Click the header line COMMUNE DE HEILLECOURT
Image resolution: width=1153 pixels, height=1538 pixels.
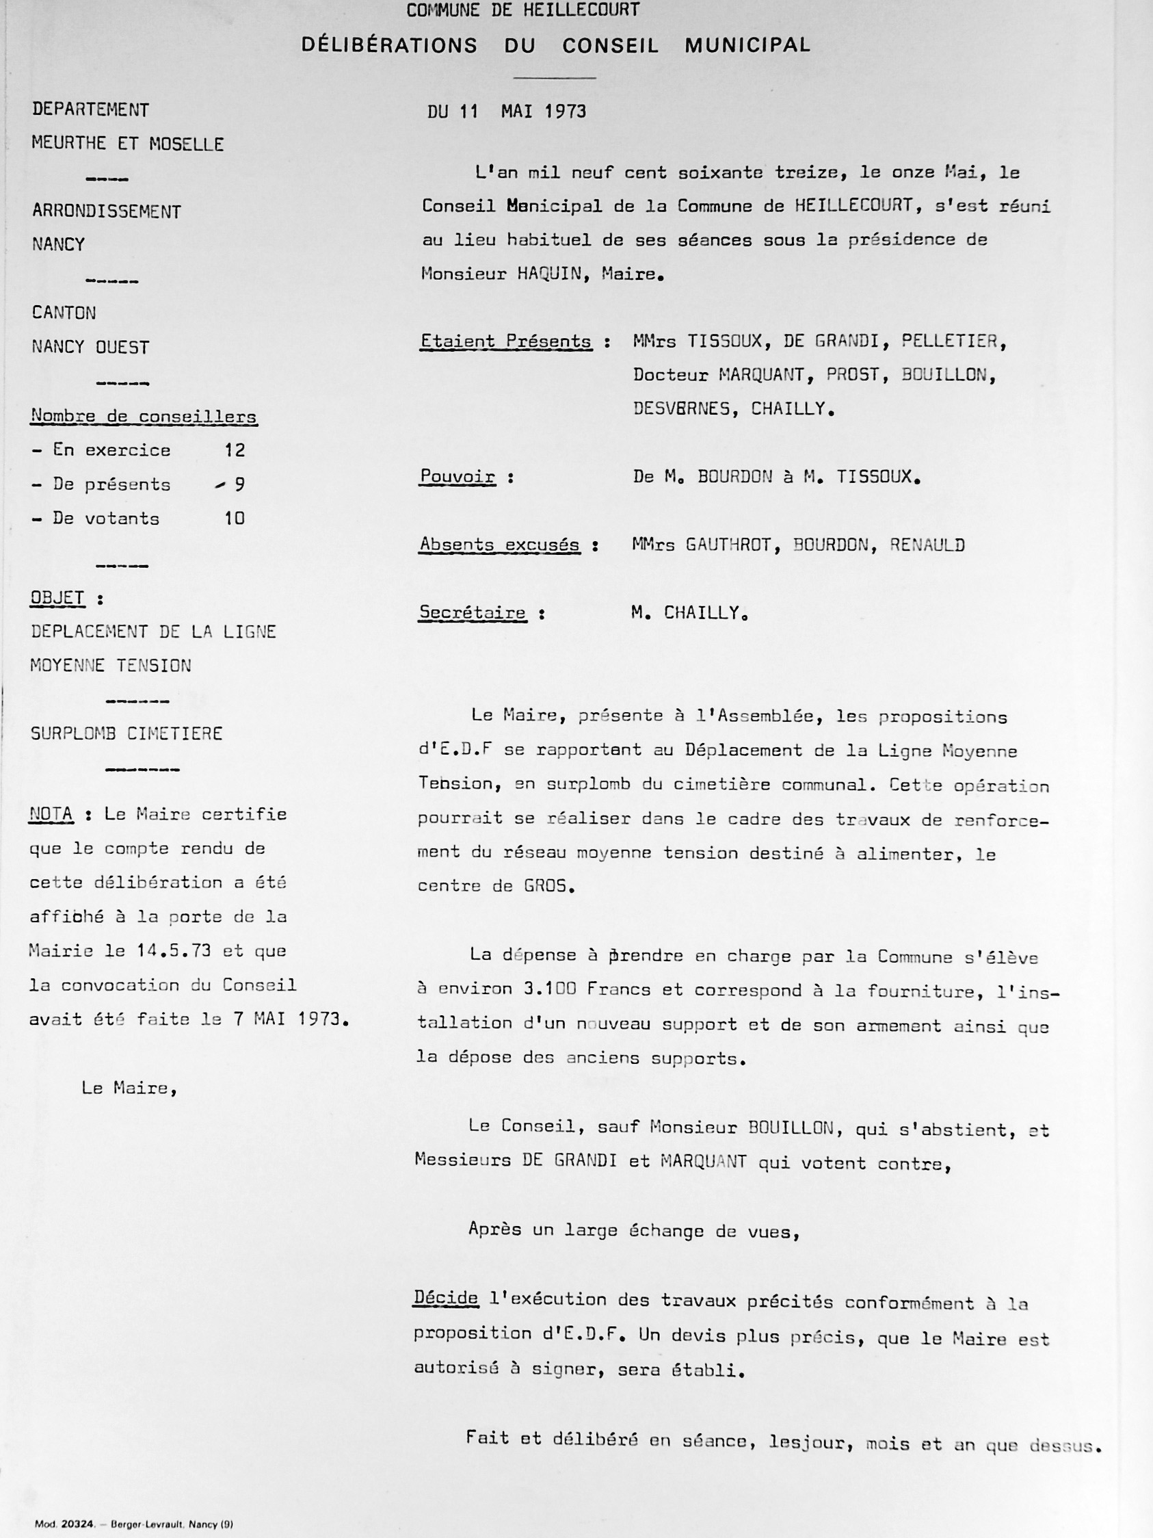coord(522,10)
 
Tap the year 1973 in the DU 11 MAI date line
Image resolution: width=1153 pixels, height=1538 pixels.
coord(565,112)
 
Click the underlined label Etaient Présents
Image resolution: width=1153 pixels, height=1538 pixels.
coord(506,341)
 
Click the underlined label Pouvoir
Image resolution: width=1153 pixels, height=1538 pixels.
coord(458,477)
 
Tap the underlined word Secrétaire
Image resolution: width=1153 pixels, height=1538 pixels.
coord(472,612)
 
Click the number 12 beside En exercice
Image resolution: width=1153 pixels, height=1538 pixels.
coord(235,451)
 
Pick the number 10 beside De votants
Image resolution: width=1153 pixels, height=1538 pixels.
coord(235,519)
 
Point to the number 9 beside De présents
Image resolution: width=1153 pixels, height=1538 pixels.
coord(239,484)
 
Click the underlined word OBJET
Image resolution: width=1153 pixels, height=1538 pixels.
coord(57,598)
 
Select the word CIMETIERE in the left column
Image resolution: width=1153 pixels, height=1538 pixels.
coord(175,733)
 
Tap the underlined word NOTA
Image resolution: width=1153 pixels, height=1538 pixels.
coord(51,814)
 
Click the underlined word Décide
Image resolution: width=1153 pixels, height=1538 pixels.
coord(446,1298)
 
